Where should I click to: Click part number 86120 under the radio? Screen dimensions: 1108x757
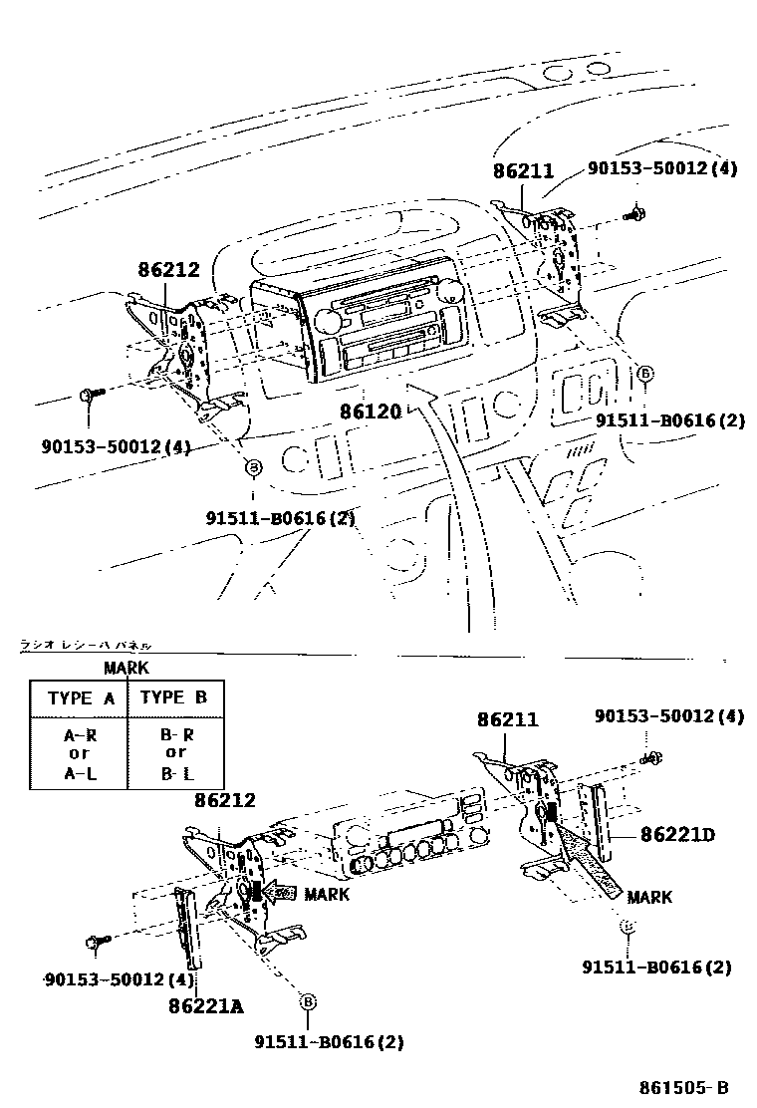(x=369, y=411)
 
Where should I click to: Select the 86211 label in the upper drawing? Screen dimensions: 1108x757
(x=522, y=171)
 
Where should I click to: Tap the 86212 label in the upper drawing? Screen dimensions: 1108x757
(x=168, y=269)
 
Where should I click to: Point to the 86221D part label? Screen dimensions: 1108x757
(x=677, y=834)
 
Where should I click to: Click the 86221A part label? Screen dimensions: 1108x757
(x=205, y=1005)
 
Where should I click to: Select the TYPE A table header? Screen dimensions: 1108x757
(x=81, y=698)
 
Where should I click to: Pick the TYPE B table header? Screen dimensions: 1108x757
(x=173, y=697)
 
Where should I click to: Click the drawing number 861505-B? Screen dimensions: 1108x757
(x=683, y=1087)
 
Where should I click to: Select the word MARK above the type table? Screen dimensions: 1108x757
(x=126, y=669)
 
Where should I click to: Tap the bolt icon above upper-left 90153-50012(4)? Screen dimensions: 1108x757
(x=87, y=397)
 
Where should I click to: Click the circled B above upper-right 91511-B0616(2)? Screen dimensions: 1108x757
(x=644, y=374)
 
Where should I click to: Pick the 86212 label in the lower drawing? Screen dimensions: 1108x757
(x=224, y=799)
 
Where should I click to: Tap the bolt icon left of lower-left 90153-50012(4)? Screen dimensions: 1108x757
(x=96, y=942)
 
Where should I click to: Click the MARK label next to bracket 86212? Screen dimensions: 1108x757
(x=327, y=894)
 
